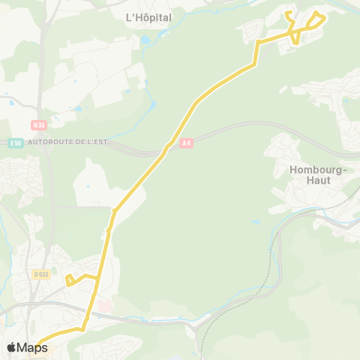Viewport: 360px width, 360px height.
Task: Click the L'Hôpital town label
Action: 148,17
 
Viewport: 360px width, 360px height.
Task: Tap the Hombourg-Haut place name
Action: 319,175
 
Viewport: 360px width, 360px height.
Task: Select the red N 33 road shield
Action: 39,125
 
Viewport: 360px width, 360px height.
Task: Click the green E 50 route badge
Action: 16,142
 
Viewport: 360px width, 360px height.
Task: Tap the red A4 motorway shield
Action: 187,142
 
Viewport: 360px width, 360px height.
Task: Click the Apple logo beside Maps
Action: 11,347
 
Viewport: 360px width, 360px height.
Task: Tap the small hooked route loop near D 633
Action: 70,280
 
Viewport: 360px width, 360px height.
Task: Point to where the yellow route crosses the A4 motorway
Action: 166,147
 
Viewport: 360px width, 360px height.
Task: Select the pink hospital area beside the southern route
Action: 104,307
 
